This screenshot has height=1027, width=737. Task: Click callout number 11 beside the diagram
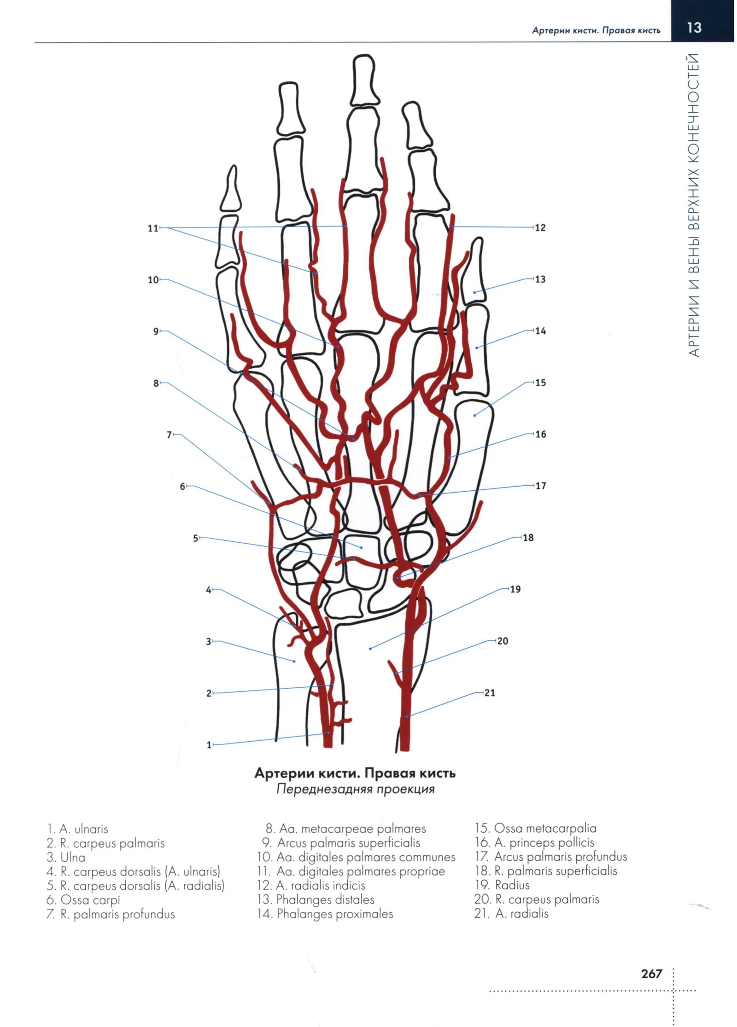[x=153, y=228]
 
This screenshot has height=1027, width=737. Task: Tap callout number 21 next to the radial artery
[x=490, y=693]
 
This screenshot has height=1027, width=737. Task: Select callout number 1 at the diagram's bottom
[x=209, y=745]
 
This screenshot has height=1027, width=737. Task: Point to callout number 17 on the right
[x=540, y=486]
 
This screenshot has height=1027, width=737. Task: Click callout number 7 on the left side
[x=169, y=435]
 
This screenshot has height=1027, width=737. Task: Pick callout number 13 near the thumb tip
[x=540, y=279]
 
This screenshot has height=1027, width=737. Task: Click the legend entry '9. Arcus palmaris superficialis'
[x=341, y=843]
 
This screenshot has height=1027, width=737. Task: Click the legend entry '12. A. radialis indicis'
[x=311, y=885]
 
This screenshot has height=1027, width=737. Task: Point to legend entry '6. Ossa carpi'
[x=83, y=899]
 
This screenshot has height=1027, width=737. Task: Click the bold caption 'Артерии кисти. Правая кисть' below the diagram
[x=355, y=773]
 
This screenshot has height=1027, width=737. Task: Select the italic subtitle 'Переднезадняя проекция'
[x=355, y=789]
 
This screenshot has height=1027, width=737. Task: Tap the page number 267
[x=651, y=974]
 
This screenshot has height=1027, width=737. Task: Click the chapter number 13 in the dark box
[x=694, y=28]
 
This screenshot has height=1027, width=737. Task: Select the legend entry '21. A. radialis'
[x=511, y=913]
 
